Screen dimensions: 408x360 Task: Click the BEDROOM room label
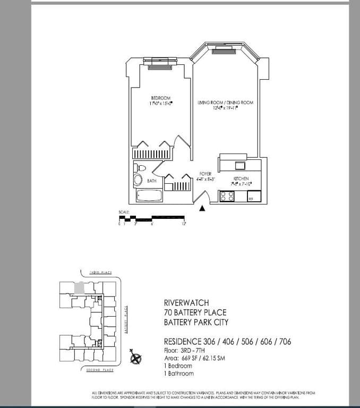(x=160, y=98)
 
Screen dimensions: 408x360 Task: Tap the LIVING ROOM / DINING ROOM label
(x=225, y=102)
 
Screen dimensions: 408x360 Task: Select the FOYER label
(x=205, y=174)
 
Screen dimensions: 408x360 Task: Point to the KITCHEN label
(x=241, y=178)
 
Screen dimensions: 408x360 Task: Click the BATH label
(x=151, y=181)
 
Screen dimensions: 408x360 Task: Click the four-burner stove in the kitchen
(x=227, y=196)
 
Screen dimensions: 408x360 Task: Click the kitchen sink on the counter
(x=240, y=164)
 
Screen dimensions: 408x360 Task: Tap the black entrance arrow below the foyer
(x=202, y=209)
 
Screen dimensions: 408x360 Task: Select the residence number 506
(x=239, y=342)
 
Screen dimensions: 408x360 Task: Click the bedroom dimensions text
(x=161, y=103)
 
